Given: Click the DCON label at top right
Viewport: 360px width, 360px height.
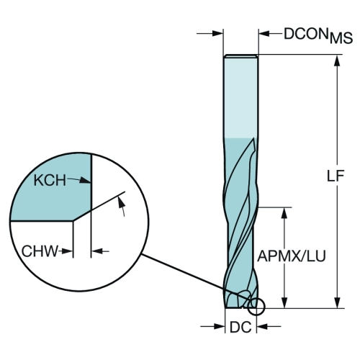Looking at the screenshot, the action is pyautogui.click(x=306, y=34).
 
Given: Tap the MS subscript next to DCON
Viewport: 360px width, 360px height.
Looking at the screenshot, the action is pyautogui.click(x=341, y=38).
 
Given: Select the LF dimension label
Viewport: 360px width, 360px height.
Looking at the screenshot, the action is pyautogui.click(x=336, y=176).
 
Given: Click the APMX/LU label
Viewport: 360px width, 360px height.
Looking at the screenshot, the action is pyautogui.click(x=292, y=256).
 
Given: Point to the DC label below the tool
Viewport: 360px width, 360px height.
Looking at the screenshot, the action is pyautogui.click(x=240, y=327).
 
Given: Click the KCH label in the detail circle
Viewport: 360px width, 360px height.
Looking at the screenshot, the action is pyautogui.click(x=50, y=180).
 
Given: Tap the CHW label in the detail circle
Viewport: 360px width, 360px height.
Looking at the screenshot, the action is pyautogui.click(x=40, y=251).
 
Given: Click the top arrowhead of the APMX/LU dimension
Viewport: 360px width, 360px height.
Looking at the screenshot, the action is pyautogui.click(x=284, y=213).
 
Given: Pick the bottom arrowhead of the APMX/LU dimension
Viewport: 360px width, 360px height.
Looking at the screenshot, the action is pyautogui.click(x=284, y=303).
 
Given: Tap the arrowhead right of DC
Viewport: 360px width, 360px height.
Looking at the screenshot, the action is pyautogui.click(x=262, y=326).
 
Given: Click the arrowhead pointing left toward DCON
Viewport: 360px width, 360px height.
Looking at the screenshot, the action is pyautogui.click(x=264, y=34).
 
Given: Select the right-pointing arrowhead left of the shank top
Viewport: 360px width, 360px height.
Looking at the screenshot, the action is pyautogui.click(x=218, y=34).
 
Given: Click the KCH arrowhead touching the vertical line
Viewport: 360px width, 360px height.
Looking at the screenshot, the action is pyautogui.click(x=86, y=181).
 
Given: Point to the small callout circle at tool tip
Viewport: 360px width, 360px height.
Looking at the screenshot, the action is pyautogui.click(x=256, y=306).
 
